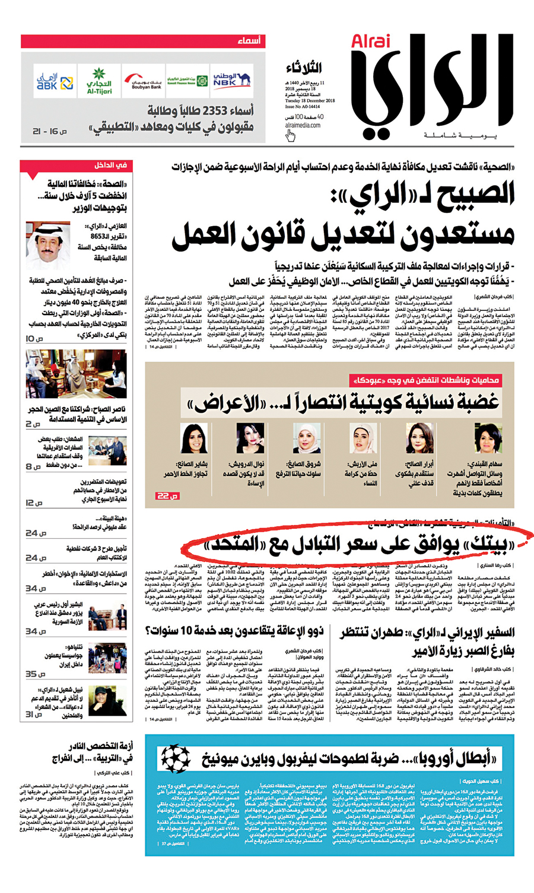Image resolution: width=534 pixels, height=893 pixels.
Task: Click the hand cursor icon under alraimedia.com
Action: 290,136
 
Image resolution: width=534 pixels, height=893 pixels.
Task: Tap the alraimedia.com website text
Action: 303,125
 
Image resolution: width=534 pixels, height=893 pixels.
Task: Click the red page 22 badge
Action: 163,495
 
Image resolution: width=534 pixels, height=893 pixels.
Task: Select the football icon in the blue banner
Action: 176,758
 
